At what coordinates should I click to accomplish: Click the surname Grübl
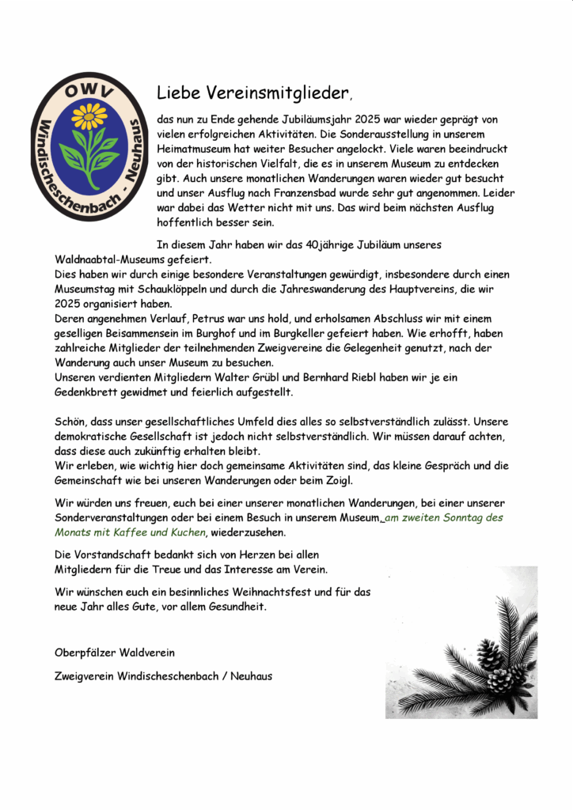(x=255, y=377)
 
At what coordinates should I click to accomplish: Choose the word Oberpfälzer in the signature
(x=85, y=653)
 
